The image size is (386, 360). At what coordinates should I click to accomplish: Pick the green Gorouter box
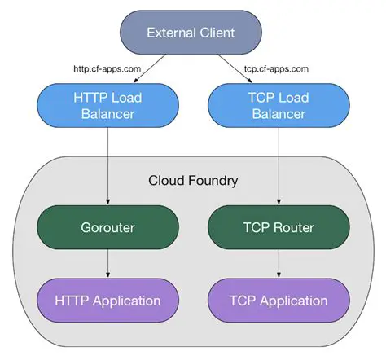click(108, 226)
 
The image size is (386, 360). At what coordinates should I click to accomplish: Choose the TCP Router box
click(279, 226)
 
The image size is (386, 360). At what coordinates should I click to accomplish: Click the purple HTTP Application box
click(108, 301)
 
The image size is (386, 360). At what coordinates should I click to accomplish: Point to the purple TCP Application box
click(279, 301)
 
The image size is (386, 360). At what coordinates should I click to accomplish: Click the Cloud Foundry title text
click(193, 180)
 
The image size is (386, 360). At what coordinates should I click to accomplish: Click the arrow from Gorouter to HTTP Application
click(109, 263)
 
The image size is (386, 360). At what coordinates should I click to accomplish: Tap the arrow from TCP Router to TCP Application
click(279, 263)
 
